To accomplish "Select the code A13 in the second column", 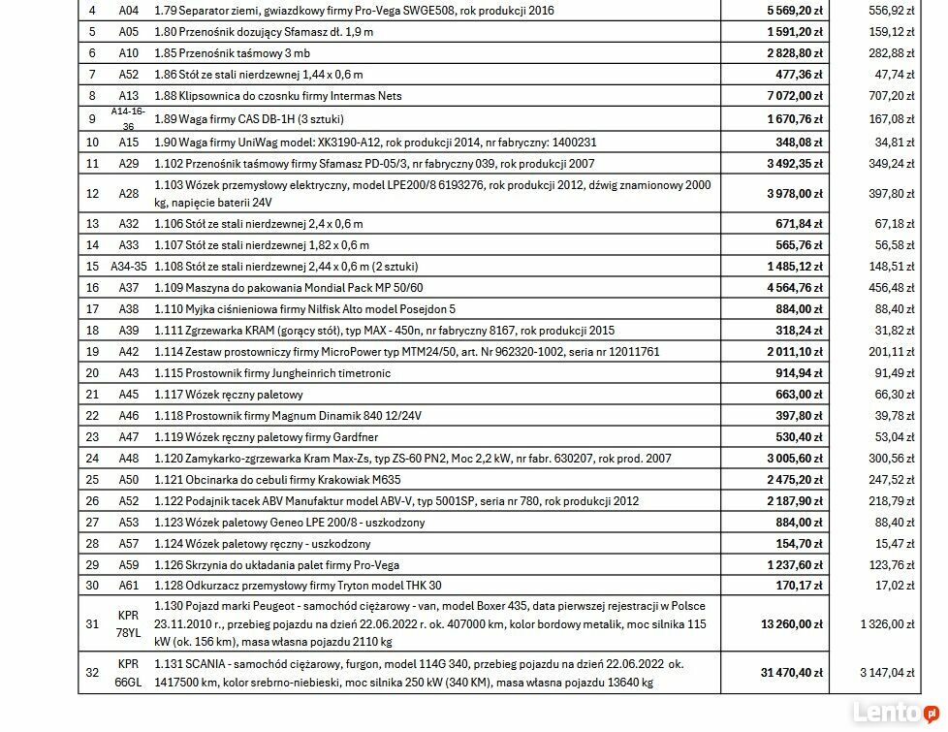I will (x=128, y=96).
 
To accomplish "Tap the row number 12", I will (x=92, y=194).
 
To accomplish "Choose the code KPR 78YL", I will (x=128, y=623).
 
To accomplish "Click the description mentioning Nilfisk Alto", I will (x=304, y=309).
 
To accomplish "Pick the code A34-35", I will (x=128, y=267).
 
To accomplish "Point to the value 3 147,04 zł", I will (x=886, y=672).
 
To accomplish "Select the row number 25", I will (x=92, y=480).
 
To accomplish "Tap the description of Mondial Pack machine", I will (x=288, y=288).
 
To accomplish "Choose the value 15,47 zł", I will (x=895, y=544).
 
